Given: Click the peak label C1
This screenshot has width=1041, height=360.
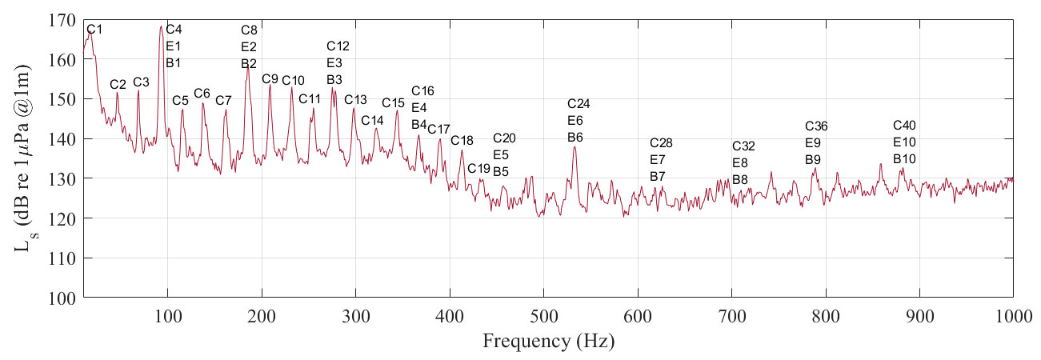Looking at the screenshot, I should coord(94,30).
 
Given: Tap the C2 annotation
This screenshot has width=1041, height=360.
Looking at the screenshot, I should coord(118,84).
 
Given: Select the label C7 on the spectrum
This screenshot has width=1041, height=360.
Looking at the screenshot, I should coord(223,100).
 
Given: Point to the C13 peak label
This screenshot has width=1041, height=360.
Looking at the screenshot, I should coord(355,99).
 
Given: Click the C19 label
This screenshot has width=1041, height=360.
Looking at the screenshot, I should coord(478,168).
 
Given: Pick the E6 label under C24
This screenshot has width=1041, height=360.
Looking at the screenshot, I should coord(575,120).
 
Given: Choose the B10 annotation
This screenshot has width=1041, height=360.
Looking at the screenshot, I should coord(904,159).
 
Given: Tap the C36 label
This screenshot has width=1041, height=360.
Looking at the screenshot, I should coord(816,126).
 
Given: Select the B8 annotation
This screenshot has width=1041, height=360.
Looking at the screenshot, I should coord(740,179).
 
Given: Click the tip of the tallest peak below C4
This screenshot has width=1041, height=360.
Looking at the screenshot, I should coord(161,26).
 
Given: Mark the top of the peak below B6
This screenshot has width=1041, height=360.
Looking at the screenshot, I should coord(575,146).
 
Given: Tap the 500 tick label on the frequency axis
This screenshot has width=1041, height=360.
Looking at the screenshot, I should coord(543,314).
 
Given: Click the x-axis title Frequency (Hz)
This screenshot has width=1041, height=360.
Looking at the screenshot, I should coord(548,342).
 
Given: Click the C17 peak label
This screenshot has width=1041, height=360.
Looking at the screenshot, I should coord(438,129).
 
